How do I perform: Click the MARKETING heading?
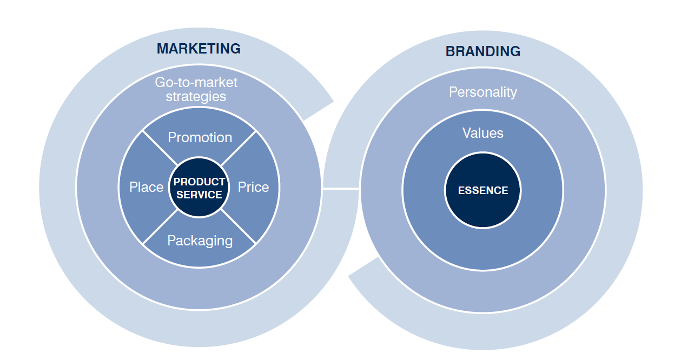click(x=199, y=49)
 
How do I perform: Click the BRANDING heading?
click(x=482, y=51)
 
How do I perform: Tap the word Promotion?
click(x=200, y=137)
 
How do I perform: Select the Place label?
click(x=146, y=187)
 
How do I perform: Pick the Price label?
click(x=253, y=187)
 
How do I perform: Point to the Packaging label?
click(x=200, y=241)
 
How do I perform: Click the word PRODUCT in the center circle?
click(x=199, y=182)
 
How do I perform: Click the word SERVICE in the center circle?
click(x=199, y=195)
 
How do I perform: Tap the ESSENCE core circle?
click(x=482, y=190)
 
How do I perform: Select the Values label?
click(x=482, y=133)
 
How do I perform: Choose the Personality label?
click(x=482, y=92)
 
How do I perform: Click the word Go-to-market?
click(x=196, y=83)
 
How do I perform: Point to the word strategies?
click(x=196, y=97)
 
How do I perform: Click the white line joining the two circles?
click(x=341, y=189)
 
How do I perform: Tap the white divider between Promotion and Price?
click(x=238, y=148)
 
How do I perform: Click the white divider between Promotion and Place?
click(x=160, y=148)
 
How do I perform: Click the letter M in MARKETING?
click(x=162, y=49)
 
